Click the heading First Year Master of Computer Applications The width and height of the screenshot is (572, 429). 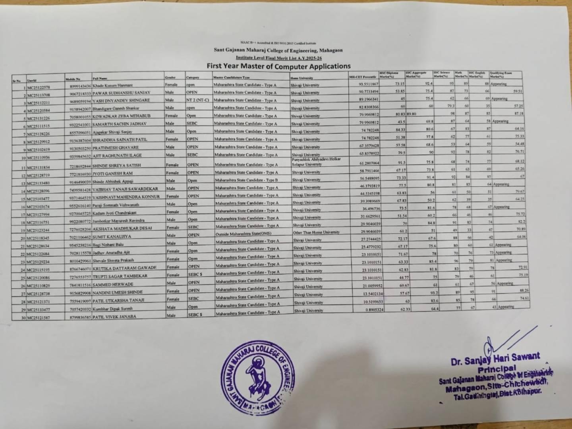(x=278, y=66)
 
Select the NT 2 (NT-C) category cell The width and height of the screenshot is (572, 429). (x=197, y=100)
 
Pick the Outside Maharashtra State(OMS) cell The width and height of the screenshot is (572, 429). (x=238, y=234)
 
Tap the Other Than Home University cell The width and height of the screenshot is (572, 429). (x=316, y=232)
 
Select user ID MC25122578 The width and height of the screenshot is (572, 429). (x=38, y=87)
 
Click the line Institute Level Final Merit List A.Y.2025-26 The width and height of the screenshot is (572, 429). (x=278, y=58)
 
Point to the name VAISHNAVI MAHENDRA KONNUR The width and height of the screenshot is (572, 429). (x=126, y=197)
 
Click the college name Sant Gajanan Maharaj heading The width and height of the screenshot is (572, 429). (x=278, y=50)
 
